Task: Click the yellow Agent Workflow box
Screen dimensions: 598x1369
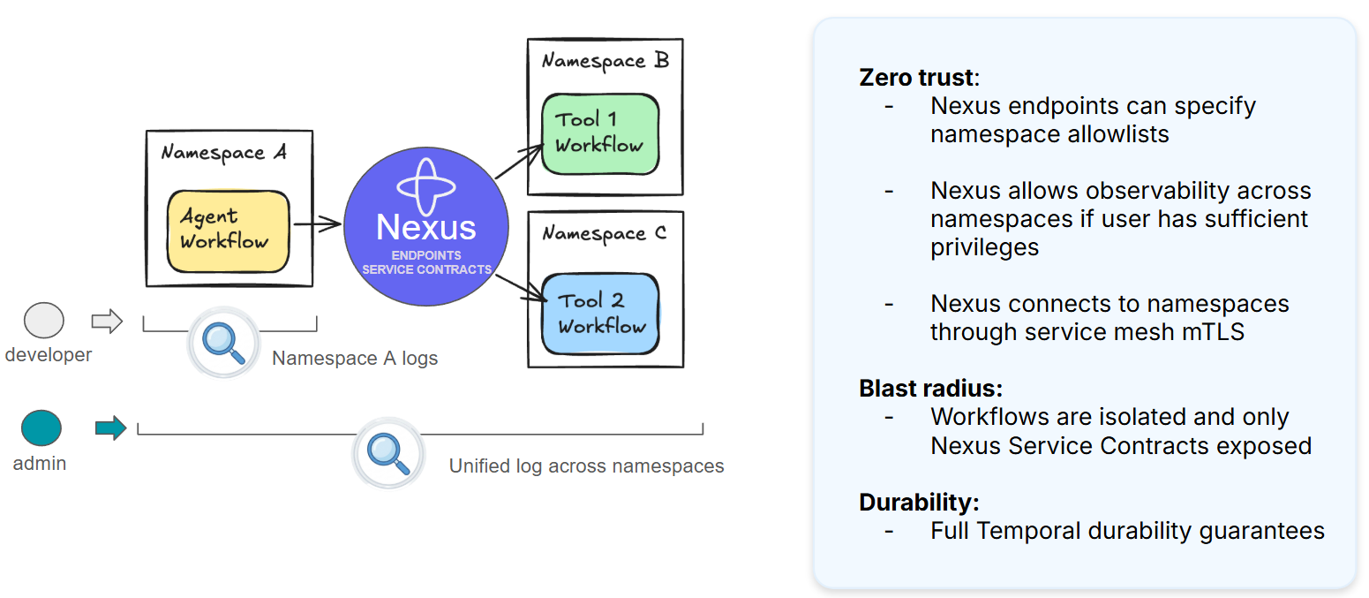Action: pos(229,231)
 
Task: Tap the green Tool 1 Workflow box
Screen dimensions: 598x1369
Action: pos(600,132)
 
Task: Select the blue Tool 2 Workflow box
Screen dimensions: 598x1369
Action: pos(601,314)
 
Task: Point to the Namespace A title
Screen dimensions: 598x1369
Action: pos(224,153)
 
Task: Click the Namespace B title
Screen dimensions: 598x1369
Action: pos(605,61)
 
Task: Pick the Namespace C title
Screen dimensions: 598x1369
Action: pos(605,234)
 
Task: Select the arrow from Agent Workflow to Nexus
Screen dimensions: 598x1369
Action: pos(317,225)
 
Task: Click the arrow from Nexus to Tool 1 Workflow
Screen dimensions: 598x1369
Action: pos(519,163)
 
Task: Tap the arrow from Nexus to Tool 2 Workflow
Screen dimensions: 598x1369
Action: pos(518,288)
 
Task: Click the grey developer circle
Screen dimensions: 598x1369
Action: pos(43,321)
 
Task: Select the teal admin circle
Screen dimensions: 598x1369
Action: pos(41,428)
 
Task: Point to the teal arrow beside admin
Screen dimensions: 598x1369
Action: pos(110,429)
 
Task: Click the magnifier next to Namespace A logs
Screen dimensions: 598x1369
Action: pos(223,343)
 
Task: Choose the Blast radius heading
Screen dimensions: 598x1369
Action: pos(930,388)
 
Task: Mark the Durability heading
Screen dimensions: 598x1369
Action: pos(919,503)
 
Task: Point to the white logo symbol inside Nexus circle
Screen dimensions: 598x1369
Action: pos(426,185)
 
